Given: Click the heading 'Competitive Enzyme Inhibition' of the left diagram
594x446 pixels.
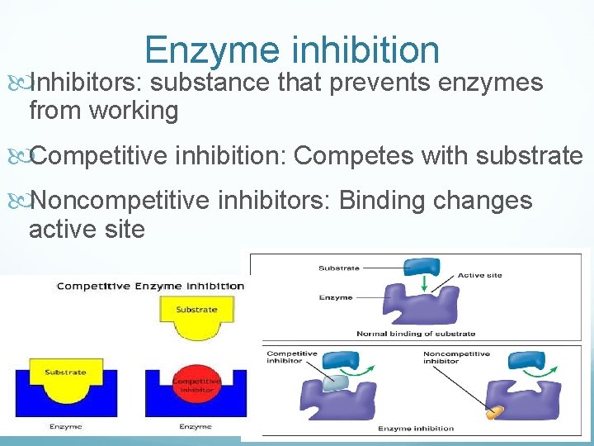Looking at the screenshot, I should (149, 286).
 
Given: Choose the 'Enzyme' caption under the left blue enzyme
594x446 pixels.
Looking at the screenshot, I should (65, 427).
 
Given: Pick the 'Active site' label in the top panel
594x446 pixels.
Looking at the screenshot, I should (479, 276).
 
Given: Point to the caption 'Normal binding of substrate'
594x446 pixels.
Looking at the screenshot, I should (416, 334).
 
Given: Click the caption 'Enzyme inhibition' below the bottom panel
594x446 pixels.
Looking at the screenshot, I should (416, 429).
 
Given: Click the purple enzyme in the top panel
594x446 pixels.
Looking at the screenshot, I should (412, 306).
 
